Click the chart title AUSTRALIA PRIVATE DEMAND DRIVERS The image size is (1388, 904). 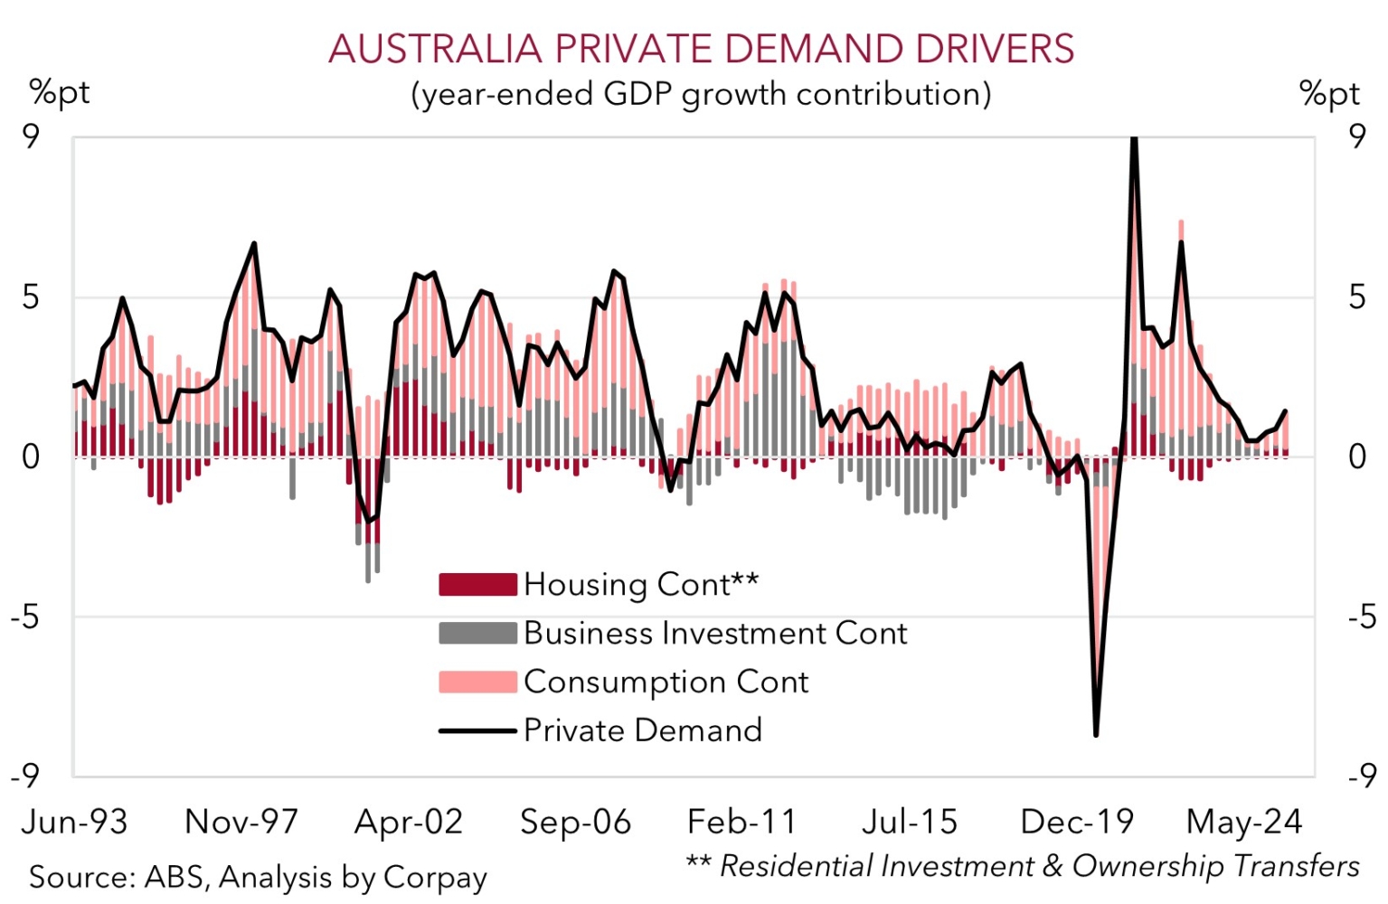(701, 49)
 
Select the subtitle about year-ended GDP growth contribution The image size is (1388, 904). (701, 94)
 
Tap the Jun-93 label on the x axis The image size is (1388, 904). (74, 822)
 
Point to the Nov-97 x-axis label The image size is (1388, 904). (241, 822)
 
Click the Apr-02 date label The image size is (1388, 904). (409, 822)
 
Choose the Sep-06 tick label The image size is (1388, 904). (575, 822)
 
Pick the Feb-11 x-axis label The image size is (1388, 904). (742, 822)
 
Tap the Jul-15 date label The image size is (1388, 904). (909, 822)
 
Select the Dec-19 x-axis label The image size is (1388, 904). (1077, 822)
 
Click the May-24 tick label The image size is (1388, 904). (1244, 822)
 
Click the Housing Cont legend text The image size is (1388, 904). (641, 585)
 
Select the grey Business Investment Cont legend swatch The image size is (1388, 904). (477, 633)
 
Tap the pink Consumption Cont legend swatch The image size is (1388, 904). (477, 682)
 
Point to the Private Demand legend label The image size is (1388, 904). (643, 730)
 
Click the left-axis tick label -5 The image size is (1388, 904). (31, 617)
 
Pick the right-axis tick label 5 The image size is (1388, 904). (1356, 297)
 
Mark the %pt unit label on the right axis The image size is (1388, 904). (1329, 93)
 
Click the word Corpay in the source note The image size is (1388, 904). (435, 877)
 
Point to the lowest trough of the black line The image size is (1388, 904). (1096, 735)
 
